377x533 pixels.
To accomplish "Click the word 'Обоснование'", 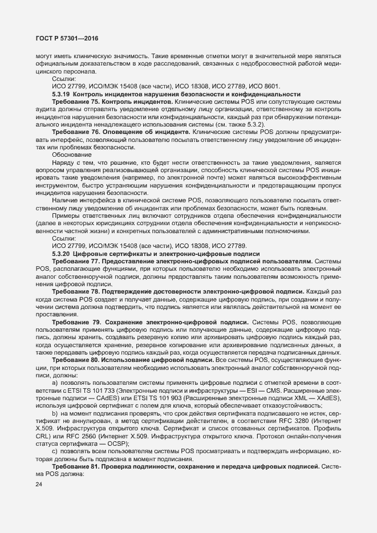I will (71, 154).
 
